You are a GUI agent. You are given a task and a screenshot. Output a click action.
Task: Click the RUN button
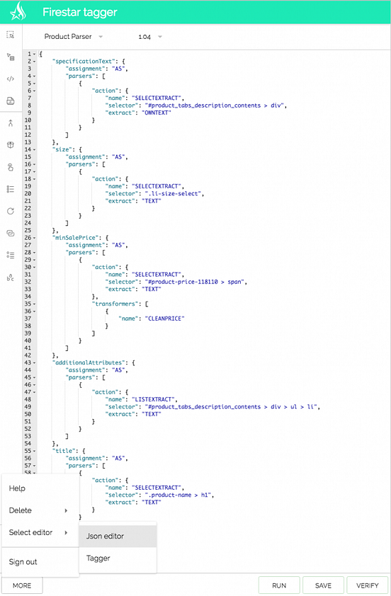pos(279,585)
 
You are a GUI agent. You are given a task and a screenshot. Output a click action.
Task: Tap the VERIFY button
pos(368,585)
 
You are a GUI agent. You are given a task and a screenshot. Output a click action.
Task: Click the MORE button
pos(22,585)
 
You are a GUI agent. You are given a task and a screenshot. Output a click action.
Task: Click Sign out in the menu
pos(23,562)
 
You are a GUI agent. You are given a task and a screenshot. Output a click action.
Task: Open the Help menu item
pos(17,488)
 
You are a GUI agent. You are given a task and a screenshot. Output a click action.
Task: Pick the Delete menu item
pos(21,510)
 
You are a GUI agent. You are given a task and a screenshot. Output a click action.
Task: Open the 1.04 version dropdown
pos(150,37)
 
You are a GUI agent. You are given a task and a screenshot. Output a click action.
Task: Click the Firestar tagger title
pos(80,12)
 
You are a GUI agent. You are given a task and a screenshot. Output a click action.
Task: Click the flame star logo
pos(18,11)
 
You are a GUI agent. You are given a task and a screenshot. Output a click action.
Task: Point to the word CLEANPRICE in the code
pos(165,319)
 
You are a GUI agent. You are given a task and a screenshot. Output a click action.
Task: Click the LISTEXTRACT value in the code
pos(154,399)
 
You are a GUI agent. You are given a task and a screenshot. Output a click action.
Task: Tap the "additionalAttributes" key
pos(91,362)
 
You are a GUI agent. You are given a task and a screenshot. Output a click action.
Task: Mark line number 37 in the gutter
pos(28,319)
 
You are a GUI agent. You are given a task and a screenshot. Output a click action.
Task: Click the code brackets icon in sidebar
pos(11,79)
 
